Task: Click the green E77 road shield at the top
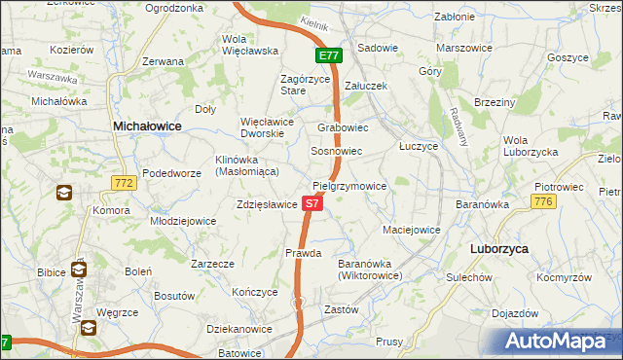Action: click(x=328, y=55)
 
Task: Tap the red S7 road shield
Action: click(x=311, y=203)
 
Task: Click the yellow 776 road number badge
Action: click(x=543, y=200)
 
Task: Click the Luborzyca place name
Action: click(x=498, y=249)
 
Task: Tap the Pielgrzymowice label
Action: click(x=349, y=185)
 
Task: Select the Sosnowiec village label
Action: click(x=336, y=152)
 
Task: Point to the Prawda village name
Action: click(x=303, y=253)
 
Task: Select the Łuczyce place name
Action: click(x=420, y=144)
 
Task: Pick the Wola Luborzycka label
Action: click(x=529, y=146)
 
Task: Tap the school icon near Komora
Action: click(x=63, y=193)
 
